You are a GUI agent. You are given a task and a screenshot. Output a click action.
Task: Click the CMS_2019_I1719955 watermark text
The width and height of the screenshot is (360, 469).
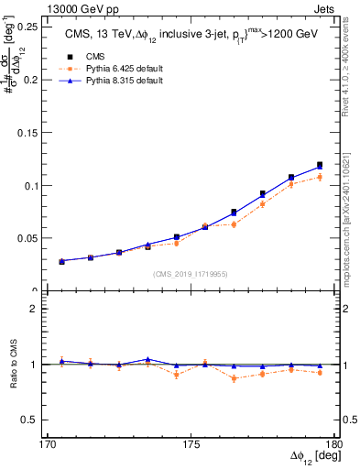click(x=191, y=273)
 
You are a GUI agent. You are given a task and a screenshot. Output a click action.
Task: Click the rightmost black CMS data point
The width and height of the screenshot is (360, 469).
click(x=320, y=165)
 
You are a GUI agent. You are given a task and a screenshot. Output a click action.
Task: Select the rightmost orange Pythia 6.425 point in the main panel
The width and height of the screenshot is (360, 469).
click(x=320, y=177)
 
